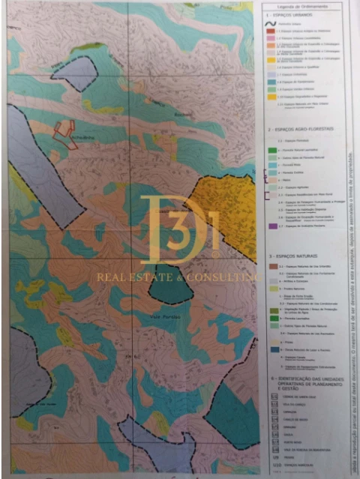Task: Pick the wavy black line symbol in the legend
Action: click(273, 24)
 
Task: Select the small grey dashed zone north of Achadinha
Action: click(75, 73)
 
